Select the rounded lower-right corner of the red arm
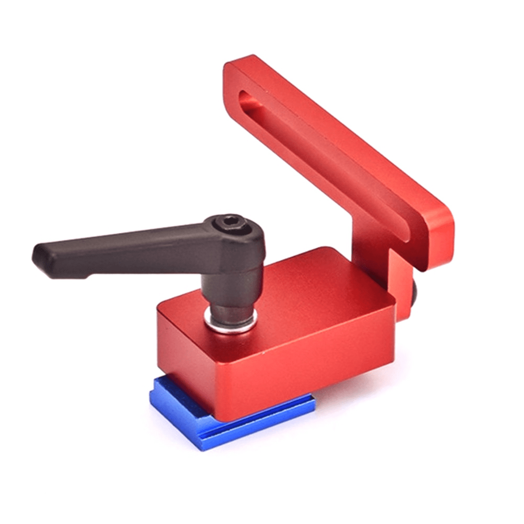[x=443, y=258]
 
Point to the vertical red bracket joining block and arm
[x=400, y=279]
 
